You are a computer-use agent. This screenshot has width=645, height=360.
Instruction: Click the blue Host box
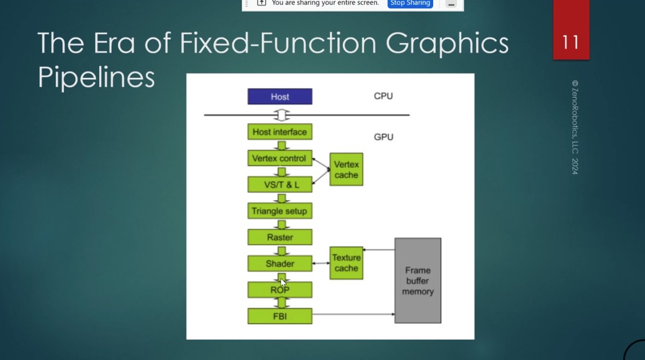(279, 97)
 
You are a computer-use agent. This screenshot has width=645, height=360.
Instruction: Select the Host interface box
(279, 132)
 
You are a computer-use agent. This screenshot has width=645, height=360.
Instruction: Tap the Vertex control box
(279, 159)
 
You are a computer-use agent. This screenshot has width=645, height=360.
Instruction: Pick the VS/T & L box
(279, 184)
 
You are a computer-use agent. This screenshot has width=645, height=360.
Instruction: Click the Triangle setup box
(279, 211)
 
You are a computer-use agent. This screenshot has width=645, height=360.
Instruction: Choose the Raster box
(279, 237)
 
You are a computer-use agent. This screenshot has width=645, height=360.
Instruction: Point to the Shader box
(279, 263)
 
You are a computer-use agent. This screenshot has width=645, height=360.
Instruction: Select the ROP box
(279, 290)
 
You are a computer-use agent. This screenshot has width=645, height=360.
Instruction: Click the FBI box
(279, 316)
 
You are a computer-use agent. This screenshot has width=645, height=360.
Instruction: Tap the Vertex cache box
(346, 169)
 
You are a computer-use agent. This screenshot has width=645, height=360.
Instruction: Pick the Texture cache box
(346, 263)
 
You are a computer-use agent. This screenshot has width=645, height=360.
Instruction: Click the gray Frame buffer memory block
(418, 280)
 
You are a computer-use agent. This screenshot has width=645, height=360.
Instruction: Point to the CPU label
(383, 96)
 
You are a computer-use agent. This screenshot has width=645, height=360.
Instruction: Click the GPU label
(383, 137)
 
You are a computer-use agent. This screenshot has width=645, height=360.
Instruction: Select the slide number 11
(571, 41)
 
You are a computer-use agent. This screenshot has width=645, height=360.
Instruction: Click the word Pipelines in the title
(96, 78)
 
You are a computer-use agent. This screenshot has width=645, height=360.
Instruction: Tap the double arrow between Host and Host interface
(280, 115)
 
